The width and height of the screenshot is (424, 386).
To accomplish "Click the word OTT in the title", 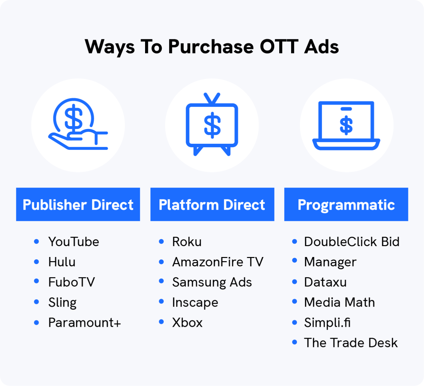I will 279,47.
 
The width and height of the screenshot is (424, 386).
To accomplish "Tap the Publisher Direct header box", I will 78,205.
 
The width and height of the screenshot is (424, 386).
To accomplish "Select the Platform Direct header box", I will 212,205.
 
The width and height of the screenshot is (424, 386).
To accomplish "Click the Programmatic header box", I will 346,205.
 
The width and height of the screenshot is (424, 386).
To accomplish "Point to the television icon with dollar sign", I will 212,125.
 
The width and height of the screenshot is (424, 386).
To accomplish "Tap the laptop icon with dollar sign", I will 346,125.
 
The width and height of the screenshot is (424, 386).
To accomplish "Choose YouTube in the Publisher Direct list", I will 74,242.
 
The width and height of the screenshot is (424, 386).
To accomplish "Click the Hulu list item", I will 62,262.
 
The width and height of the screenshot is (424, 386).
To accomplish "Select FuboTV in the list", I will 71,282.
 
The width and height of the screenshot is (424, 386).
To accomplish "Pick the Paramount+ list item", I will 85,323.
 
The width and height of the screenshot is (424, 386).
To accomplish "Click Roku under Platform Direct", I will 187,242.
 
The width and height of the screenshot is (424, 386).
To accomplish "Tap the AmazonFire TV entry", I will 217,262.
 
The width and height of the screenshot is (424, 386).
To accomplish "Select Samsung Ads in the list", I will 212,282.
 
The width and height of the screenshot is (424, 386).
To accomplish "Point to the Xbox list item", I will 187,323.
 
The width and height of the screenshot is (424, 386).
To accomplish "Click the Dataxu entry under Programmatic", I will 325,282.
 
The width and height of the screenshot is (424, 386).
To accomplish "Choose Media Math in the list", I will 339,303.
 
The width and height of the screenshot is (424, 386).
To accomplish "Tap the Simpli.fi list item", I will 327,323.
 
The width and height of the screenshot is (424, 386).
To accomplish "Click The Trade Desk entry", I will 351,343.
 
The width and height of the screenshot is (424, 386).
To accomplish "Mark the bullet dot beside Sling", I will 36,302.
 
